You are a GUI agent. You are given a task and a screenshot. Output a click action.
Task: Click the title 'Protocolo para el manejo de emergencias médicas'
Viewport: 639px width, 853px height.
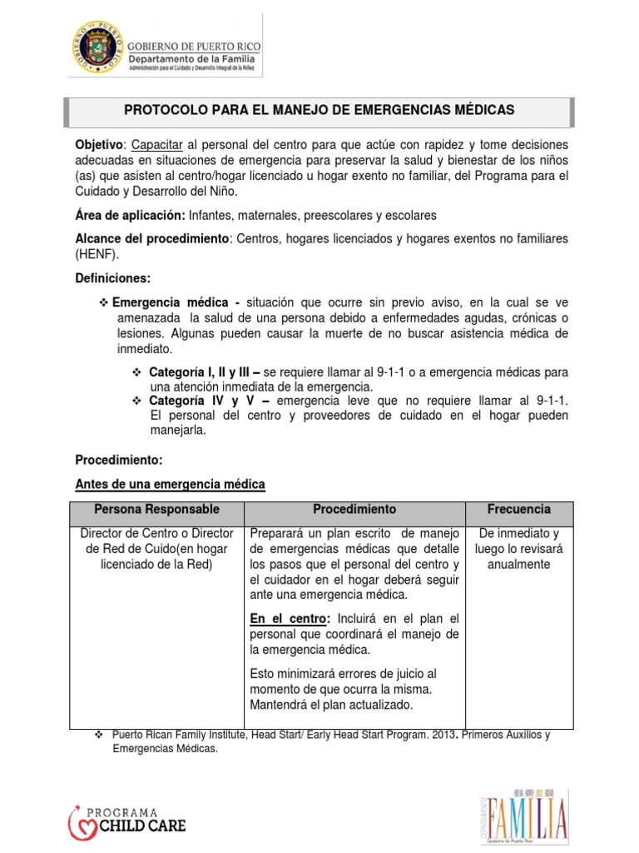tap(319, 110)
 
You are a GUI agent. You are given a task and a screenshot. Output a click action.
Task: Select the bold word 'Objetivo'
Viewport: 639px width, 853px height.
tap(98, 144)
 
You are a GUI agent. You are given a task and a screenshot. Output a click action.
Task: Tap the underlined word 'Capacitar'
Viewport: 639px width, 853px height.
tap(157, 144)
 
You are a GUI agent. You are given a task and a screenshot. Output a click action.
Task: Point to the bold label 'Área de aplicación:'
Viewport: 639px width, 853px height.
tap(131, 215)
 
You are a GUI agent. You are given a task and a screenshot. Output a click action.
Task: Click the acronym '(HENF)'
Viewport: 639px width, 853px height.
tap(96, 253)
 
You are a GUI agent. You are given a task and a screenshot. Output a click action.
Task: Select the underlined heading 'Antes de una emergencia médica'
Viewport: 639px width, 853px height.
tap(170, 484)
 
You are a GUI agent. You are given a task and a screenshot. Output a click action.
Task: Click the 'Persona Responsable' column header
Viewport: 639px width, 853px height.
tap(156, 509)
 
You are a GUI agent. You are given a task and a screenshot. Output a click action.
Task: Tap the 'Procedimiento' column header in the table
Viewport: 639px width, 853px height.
tap(354, 509)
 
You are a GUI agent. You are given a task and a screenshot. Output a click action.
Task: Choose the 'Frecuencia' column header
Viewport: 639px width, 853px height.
tap(518, 509)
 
